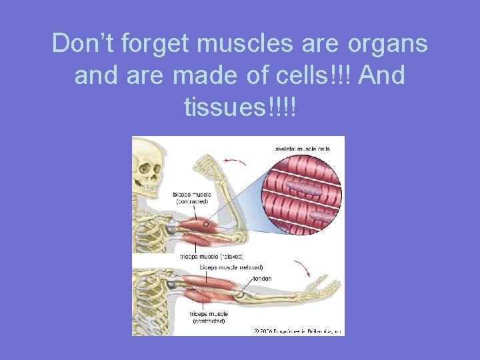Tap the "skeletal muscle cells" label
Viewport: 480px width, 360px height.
point(302,148)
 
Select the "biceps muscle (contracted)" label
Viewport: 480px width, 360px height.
point(192,198)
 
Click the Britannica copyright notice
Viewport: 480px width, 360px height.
point(297,329)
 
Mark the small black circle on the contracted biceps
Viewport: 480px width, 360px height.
point(206,225)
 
